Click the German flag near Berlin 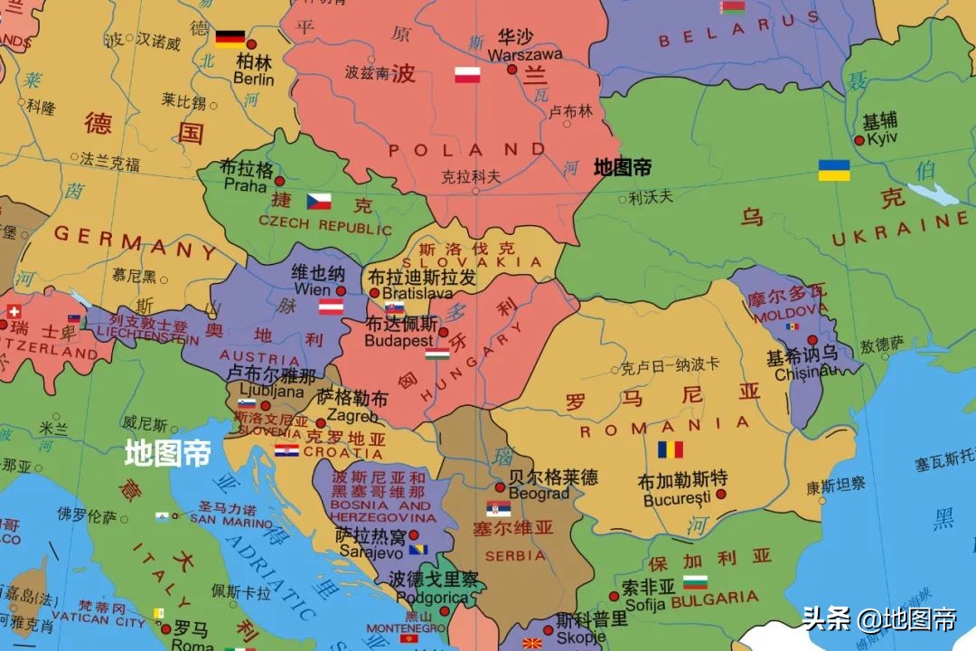coord(230,39)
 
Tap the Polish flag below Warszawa coord(467,75)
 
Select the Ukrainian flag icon coord(834,170)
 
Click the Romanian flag coord(670,449)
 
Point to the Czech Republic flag coord(318,201)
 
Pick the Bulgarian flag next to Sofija coord(695,582)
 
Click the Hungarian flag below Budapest coord(437,354)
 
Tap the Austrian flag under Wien coord(331,307)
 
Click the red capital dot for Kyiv coord(859,140)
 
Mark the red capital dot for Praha coord(279,181)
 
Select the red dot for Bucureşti coord(721,494)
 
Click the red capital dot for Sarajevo coord(414,534)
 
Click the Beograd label coord(539,494)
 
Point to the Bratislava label coord(418,294)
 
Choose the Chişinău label coord(802,372)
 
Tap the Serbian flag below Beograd coord(498,509)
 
